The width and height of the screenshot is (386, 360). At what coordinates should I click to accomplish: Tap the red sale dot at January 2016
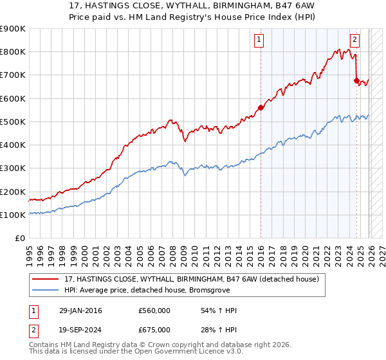coord(261,107)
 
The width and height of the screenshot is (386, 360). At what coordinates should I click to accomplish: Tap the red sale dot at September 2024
coord(356,80)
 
